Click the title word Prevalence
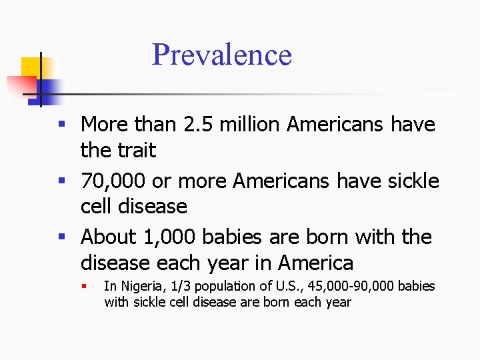tap(222, 55)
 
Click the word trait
tap(137, 151)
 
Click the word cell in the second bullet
tap(98, 207)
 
